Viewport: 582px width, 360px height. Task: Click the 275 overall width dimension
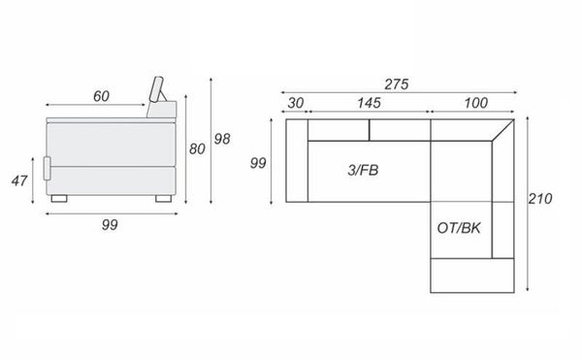397,84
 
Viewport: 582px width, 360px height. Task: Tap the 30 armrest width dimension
296,103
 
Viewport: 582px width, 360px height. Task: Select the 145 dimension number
369,103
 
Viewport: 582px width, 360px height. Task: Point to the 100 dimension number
476,103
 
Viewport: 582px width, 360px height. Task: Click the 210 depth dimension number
540,199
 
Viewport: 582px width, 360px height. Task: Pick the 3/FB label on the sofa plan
363,170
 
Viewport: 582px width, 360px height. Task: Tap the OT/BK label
459,228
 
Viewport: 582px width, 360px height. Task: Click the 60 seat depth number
101,96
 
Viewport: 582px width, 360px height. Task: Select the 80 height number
197,148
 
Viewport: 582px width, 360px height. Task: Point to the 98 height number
222,139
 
